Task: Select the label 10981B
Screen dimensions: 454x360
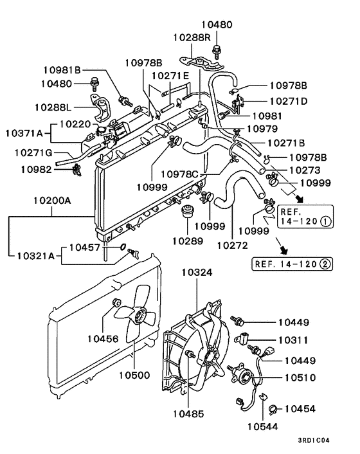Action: (62, 69)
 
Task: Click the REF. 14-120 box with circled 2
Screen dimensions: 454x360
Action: (286, 263)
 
